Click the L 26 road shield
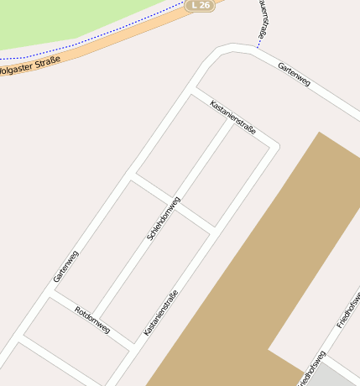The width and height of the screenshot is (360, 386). pos(200,5)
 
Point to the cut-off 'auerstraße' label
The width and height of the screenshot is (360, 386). pos(263,19)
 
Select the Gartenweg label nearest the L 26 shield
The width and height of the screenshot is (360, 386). pos(294,75)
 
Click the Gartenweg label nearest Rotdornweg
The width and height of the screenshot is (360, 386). pos(65,265)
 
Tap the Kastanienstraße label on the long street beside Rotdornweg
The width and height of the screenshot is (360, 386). pos(160,313)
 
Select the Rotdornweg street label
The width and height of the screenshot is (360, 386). pos(92,319)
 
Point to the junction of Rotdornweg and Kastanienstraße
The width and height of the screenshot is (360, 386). pos(134,345)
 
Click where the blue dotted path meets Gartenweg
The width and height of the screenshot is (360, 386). pos(257,49)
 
